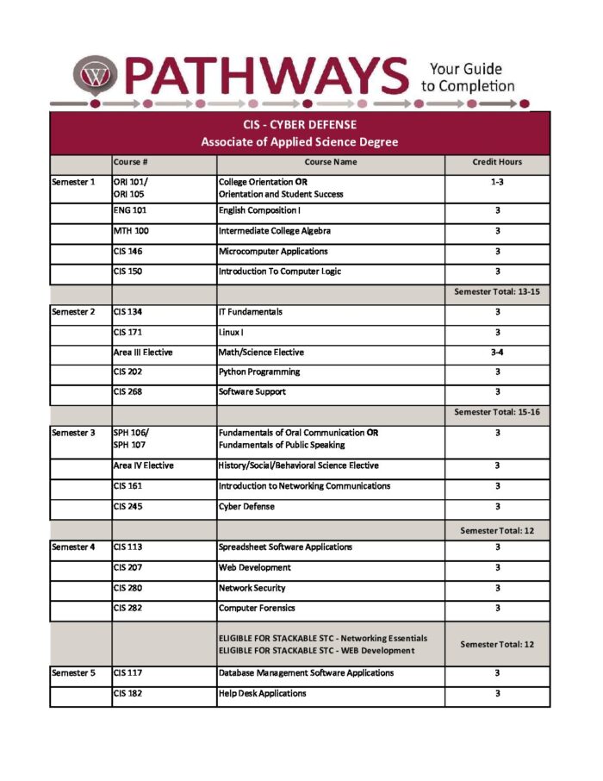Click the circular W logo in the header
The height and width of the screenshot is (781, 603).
(92, 75)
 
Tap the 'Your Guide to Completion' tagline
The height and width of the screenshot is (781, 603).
(467, 77)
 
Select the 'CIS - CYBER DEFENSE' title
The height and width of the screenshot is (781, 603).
(299, 125)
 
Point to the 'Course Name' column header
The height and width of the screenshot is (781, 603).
(330, 162)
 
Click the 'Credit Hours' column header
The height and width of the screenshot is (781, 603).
(497, 162)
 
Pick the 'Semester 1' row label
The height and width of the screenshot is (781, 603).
(73, 183)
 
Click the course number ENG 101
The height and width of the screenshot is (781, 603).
(129, 210)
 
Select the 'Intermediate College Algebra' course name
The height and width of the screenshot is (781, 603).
(275, 231)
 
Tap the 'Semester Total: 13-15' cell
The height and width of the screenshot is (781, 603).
(496, 292)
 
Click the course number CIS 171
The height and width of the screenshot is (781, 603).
(127, 332)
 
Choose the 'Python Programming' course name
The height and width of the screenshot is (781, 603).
(259, 372)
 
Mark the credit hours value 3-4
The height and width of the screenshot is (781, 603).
(497, 353)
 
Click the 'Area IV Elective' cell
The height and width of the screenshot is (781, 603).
(143, 465)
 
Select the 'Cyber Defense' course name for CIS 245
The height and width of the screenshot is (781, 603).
(246, 507)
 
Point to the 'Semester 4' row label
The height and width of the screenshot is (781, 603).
(73, 547)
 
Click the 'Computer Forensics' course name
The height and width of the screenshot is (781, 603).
(259, 609)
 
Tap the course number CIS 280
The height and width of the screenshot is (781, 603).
(127, 588)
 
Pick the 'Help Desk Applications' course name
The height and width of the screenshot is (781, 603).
(262, 693)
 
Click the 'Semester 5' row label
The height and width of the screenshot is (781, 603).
(73, 673)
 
